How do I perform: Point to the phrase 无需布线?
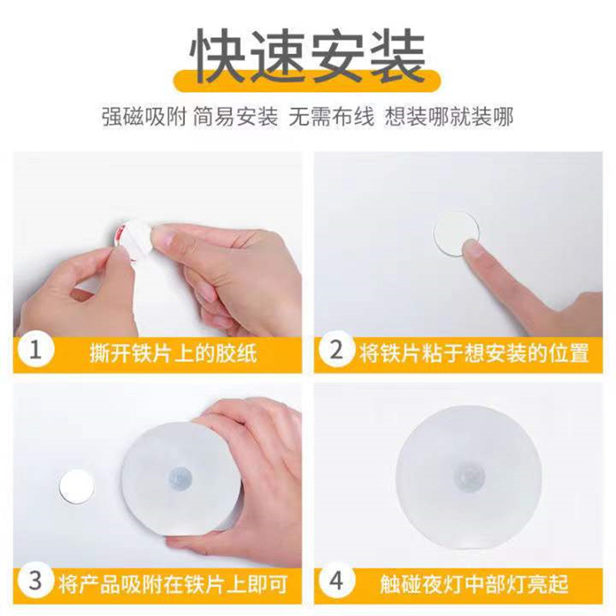332,117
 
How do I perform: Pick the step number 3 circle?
34,581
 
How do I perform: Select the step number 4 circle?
336,581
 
